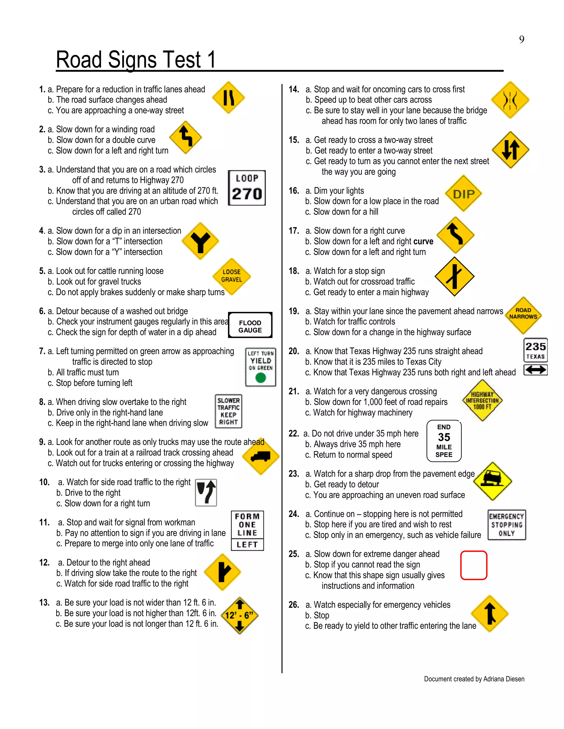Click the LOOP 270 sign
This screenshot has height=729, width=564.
[246, 188]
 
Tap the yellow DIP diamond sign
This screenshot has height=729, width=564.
[463, 194]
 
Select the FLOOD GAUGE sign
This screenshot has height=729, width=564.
[250, 325]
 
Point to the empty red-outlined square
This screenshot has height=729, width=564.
[473, 565]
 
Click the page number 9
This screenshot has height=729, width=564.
[522, 40]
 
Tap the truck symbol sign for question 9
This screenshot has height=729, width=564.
[261, 457]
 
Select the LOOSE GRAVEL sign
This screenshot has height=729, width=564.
[232, 276]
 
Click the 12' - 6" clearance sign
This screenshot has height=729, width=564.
[239, 615]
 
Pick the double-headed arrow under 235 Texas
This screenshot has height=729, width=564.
[535, 370]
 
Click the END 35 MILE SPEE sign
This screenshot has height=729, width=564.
[444, 441]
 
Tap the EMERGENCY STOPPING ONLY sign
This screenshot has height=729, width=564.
[506, 525]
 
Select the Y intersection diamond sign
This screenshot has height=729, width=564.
[200, 241]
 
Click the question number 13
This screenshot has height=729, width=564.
[44, 602]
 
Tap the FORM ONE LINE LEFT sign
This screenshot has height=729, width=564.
[247, 530]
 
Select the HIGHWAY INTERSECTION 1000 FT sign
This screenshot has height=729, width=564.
[482, 400]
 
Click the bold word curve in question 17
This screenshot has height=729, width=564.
[423, 241]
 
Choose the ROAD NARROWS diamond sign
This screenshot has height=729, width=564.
[523, 315]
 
